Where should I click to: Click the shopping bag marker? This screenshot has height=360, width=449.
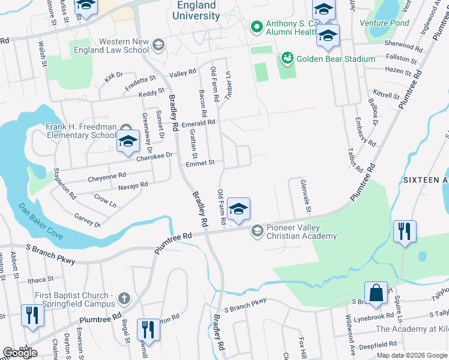point(376,294)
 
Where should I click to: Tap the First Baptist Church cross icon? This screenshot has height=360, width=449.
point(124,298)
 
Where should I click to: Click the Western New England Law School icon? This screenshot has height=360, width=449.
point(158,44)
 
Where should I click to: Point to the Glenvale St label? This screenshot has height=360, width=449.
point(305,195)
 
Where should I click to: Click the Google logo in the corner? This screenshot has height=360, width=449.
point(20,353)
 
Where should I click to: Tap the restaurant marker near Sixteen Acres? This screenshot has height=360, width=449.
point(403,231)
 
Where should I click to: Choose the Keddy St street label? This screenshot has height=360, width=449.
point(151,93)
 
